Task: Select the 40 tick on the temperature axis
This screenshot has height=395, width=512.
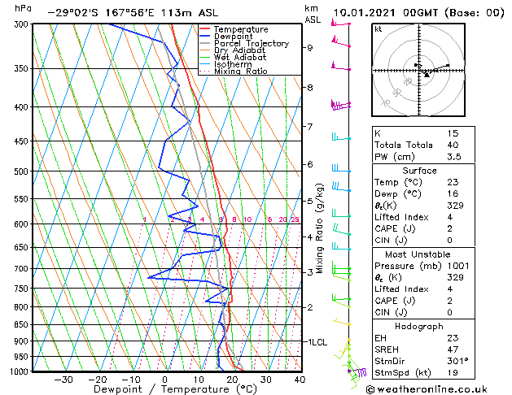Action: point(300,379)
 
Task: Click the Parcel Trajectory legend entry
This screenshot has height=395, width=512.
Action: point(251,44)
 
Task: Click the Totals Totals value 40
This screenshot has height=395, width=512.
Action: point(453,145)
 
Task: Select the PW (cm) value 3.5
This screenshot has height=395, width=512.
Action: point(453,157)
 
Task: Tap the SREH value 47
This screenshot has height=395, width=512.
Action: point(453,349)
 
